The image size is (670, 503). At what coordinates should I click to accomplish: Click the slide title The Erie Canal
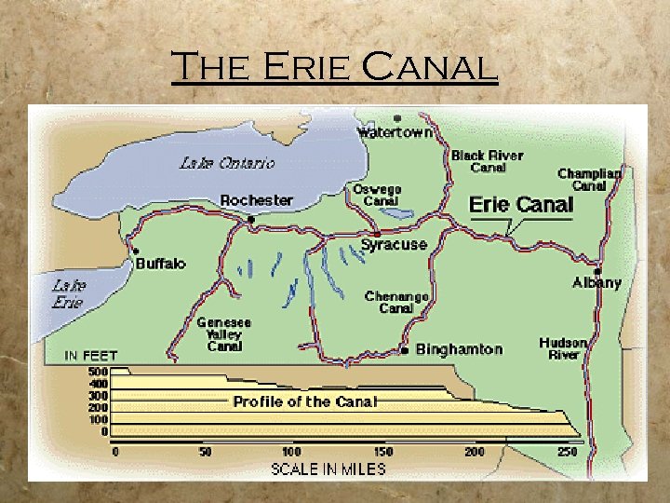tap(334, 67)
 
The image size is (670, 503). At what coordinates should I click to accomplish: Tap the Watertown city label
tap(396, 133)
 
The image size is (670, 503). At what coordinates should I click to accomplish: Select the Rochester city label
tap(257, 200)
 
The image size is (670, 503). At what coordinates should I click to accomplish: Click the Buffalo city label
tap(161, 264)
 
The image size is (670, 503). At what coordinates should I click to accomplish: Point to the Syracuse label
tap(394, 245)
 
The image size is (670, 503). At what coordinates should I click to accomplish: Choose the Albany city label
tap(596, 282)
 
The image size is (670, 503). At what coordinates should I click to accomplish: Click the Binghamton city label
tap(459, 350)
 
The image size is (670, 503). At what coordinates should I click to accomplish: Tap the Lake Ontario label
tap(228, 163)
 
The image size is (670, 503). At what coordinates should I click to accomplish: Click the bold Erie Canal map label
tap(520, 205)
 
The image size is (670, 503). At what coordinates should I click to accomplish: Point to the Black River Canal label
tap(487, 161)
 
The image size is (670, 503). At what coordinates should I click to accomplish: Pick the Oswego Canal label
tap(377, 195)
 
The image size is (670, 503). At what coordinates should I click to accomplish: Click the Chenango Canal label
tap(396, 302)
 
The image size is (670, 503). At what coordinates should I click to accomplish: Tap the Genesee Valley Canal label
tap(223, 334)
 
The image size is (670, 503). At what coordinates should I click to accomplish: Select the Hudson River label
tap(563, 348)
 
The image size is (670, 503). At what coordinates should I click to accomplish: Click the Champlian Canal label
tap(589, 179)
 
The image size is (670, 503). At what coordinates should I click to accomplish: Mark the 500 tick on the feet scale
tap(98, 372)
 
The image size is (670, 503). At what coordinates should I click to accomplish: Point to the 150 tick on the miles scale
tap(382, 451)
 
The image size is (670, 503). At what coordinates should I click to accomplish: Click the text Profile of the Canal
tap(305, 402)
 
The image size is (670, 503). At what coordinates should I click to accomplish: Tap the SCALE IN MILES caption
tap(328, 469)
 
